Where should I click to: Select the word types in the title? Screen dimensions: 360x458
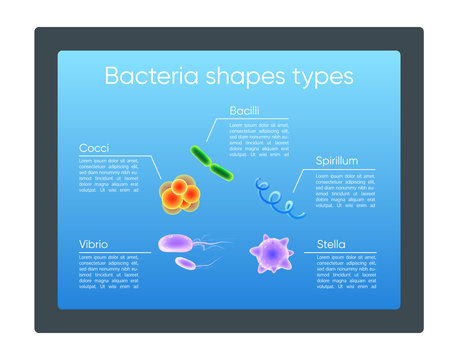click(319, 77)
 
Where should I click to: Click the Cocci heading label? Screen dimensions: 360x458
click(94, 148)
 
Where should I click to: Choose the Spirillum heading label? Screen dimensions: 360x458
click(339, 160)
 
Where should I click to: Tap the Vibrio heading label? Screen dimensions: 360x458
click(95, 244)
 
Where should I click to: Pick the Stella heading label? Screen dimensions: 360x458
click(331, 244)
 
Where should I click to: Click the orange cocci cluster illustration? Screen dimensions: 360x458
click(179, 194)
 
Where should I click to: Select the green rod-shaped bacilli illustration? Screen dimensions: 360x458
click(214, 163)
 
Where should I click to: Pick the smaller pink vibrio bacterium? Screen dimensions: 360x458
click(186, 263)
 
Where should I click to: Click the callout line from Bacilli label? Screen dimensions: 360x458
click(210, 127)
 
